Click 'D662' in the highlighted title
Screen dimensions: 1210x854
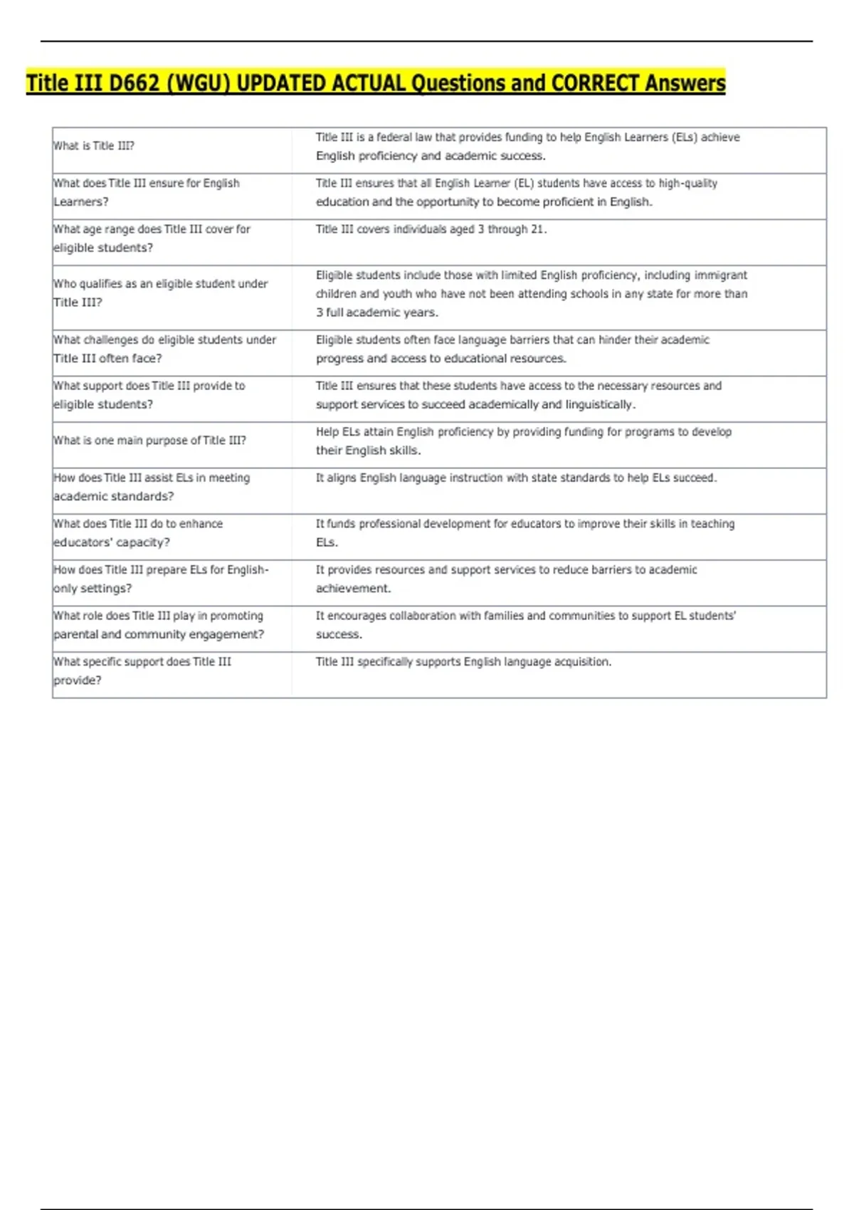135,83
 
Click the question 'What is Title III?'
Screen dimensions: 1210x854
94,146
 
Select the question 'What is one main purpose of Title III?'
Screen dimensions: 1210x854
150,441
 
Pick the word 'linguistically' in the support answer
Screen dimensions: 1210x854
599,404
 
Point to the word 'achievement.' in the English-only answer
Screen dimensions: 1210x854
354,589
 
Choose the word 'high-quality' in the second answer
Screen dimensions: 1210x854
687,184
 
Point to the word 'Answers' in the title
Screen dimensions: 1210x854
685,83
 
